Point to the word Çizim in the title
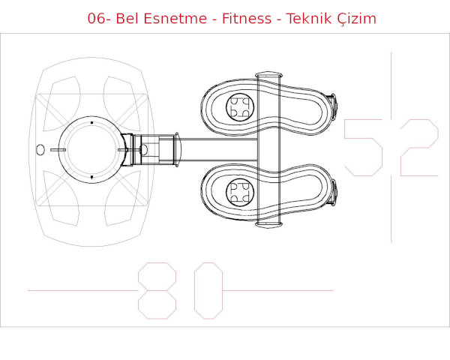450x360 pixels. (357, 19)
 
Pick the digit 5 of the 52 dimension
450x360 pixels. (364, 148)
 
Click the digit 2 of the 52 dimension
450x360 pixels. (419, 148)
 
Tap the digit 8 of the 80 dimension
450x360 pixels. (157, 290)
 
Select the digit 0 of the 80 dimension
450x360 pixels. (208, 290)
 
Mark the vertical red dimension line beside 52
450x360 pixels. (391, 82)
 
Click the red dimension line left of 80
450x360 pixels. (82, 290)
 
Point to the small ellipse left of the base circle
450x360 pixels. (40, 150)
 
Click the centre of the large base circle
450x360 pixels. (91, 150)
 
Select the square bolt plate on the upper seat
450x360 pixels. (240, 108)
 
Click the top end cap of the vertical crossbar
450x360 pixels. (268, 76)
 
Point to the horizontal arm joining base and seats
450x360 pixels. (217, 150)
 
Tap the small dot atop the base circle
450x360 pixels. (91, 121)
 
